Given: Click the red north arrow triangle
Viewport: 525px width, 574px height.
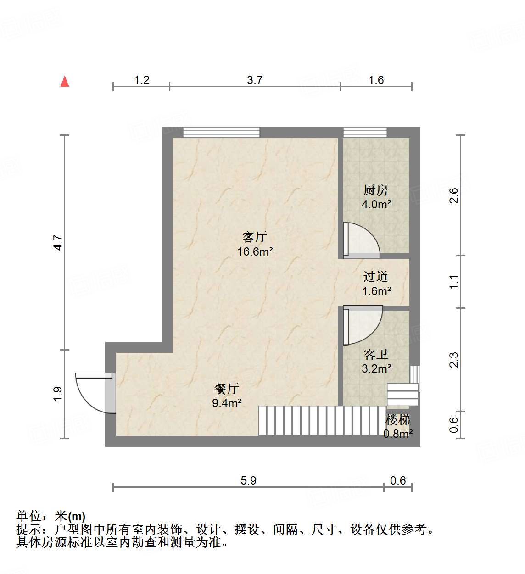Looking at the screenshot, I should click(x=65, y=82).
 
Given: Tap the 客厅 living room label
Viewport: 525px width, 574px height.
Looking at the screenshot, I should click(x=254, y=237).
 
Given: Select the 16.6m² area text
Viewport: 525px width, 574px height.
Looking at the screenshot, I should click(x=255, y=251).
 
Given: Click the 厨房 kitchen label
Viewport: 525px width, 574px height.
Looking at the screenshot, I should click(x=375, y=190).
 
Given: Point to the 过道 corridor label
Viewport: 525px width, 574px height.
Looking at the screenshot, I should click(x=375, y=276).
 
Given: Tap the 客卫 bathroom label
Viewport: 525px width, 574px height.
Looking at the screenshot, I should click(x=375, y=354).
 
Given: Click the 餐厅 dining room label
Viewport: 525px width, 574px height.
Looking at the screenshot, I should click(x=226, y=389).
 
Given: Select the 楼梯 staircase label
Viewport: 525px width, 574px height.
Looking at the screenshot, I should click(x=397, y=419).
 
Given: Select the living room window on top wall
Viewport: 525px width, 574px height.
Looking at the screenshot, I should click(x=221, y=133).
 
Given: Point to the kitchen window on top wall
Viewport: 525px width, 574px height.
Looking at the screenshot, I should click(x=365, y=133).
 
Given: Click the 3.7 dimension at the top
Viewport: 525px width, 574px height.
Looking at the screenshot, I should click(x=255, y=80).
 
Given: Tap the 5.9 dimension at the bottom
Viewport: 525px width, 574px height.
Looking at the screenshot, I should click(x=248, y=480).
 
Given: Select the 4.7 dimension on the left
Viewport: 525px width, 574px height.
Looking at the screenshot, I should click(x=58, y=242).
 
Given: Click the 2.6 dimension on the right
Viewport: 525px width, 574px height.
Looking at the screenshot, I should click(x=453, y=195).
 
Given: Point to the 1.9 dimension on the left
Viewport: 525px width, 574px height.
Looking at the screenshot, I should click(x=58, y=394).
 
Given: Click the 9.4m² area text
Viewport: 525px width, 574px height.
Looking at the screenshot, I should click(x=227, y=403).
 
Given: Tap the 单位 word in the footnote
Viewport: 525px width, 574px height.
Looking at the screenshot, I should click(x=29, y=517).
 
